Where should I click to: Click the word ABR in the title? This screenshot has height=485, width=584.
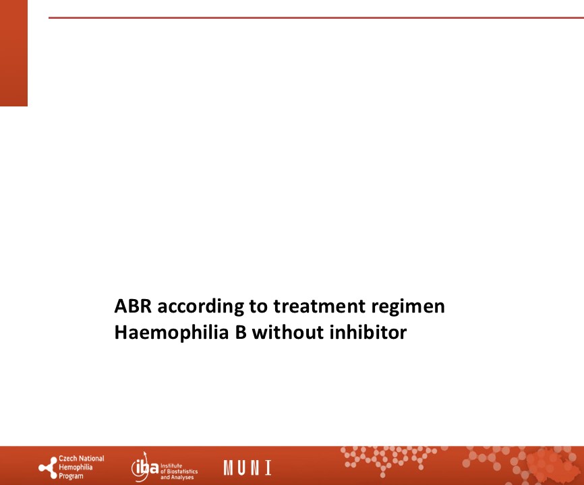(x=133, y=306)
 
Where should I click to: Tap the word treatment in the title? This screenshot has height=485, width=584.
(x=319, y=306)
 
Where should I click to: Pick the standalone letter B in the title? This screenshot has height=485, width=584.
(x=241, y=332)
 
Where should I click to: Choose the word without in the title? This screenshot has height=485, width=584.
(x=288, y=332)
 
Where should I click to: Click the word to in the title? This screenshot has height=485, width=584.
(x=258, y=307)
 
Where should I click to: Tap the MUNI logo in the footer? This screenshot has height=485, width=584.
(x=247, y=467)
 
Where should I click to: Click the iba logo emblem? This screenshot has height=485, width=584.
(x=144, y=467)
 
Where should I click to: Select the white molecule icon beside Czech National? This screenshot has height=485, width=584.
(x=48, y=467)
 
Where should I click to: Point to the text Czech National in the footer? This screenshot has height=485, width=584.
(x=82, y=459)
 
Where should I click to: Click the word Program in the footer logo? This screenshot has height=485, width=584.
(x=71, y=476)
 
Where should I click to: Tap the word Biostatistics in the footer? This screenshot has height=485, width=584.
(x=182, y=472)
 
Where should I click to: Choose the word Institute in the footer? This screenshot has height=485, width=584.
(x=171, y=465)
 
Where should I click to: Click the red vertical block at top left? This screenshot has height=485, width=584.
(x=13, y=53)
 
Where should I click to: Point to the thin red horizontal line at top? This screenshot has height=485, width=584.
(x=316, y=18)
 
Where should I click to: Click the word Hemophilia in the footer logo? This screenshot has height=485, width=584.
(x=76, y=467)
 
